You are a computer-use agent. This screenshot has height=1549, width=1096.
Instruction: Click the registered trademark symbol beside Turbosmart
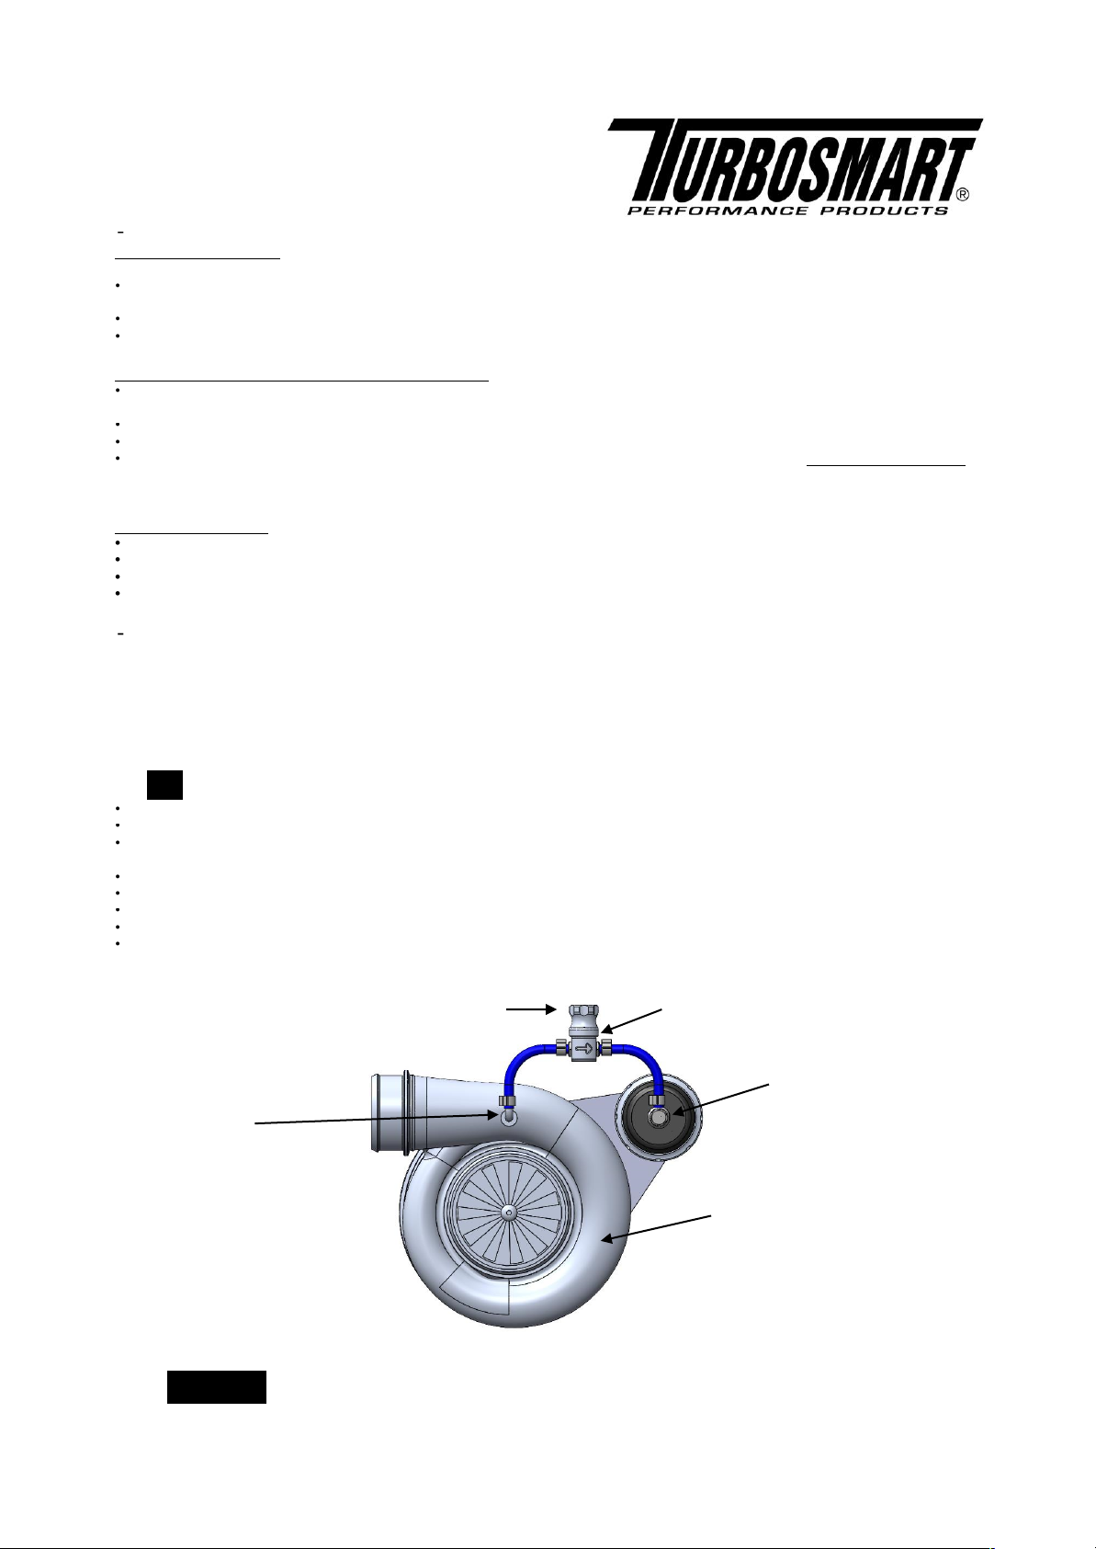tap(963, 195)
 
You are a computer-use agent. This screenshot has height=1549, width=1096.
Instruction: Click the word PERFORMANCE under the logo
tap(717, 211)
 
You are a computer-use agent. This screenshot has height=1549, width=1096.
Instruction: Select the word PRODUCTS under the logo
tap(885, 211)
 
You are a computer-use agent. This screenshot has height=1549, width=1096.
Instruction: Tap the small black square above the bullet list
tap(165, 785)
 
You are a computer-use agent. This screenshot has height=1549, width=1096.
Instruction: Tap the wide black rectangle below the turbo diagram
tap(217, 1386)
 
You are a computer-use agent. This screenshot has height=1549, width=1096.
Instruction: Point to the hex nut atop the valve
tap(584, 1015)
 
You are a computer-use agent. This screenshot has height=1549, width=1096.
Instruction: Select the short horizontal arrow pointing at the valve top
tap(531, 1009)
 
